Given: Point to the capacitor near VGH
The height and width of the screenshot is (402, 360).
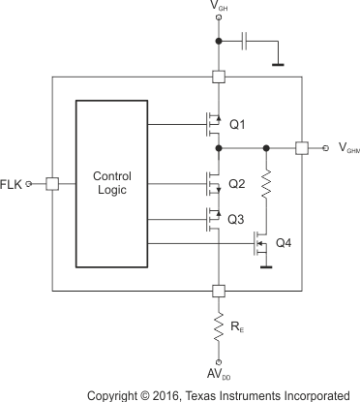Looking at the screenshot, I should (246, 41).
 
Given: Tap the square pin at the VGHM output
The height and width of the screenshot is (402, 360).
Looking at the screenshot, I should (302, 148).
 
